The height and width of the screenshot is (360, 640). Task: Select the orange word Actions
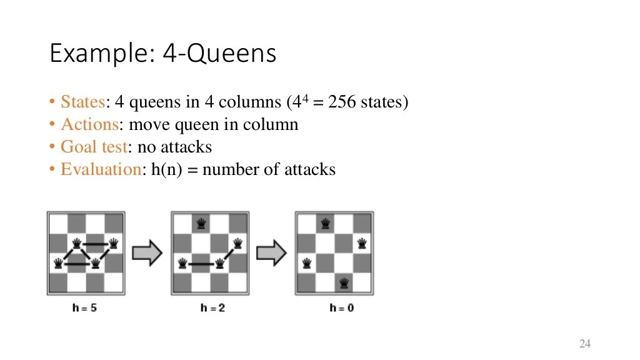89,124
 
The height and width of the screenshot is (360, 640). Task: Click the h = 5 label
84,307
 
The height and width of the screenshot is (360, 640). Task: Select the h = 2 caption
212,307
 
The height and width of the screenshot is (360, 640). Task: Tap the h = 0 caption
341,307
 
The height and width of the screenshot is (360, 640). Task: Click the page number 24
585,344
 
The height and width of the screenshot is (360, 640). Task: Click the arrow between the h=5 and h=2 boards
147,252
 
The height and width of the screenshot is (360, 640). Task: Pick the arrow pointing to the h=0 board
272,252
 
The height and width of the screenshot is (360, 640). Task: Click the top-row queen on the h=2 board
201,223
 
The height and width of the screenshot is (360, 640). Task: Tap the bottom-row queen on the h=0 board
343,283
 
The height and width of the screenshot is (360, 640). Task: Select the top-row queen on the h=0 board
324,223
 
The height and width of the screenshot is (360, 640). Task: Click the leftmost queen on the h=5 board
58,263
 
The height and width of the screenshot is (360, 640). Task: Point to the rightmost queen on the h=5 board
114,243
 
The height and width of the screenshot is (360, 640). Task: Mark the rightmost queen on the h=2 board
237,243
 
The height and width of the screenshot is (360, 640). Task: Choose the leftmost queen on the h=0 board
306,263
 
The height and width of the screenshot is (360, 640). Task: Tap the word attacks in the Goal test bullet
186,147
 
